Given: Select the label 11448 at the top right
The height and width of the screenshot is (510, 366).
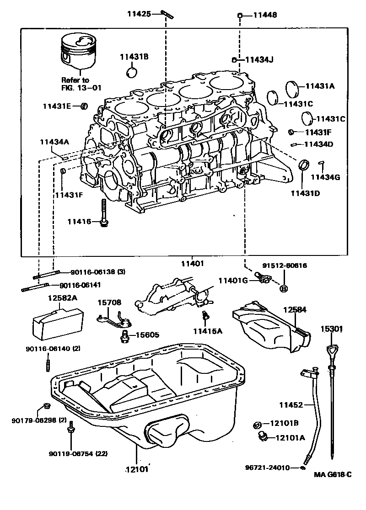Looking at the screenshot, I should click(x=265, y=15).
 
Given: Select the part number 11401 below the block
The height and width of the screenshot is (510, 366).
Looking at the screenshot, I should click(x=192, y=263).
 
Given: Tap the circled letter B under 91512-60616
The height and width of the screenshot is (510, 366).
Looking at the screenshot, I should click(x=283, y=288).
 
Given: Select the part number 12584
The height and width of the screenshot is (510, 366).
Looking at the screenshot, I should click(x=294, y=310).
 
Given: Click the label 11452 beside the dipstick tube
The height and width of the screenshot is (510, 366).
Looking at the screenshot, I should click(x=291, y=405).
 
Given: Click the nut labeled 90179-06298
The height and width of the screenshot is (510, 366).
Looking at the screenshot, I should click(x=46, y=406).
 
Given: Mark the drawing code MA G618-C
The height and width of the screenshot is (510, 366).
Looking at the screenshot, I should click(x=332, y=474).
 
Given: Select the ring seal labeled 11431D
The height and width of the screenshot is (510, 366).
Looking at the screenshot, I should click(x=303, y=165).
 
